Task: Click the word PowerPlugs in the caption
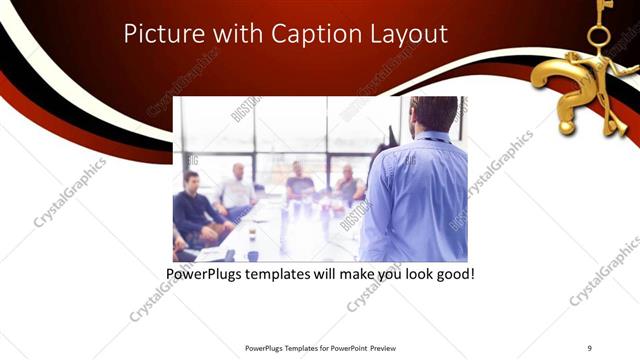click(203, 272)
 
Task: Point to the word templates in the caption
click(277, 272)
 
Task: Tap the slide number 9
click(589, 347)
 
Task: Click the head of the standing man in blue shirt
click(433, 118)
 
